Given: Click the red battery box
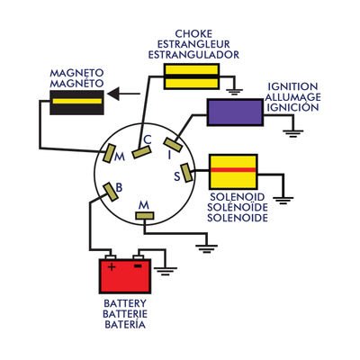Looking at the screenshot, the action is click(x=125, y=276).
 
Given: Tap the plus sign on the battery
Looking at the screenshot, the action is click(x=112, y=266).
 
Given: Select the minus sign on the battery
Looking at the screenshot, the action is click(x=138, y=265).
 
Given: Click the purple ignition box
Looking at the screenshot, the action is click(x=235, y=112).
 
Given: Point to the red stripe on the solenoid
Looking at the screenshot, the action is click(x=233, y=170).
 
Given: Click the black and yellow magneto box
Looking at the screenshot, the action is click(x=76, y=103).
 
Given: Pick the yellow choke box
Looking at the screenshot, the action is click(x=192, y=76).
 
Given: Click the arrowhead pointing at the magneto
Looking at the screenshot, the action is click(x=113, y=94).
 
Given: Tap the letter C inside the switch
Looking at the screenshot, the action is click(x=148, y=139).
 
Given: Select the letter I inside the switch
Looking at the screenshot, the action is click(x=170, y=155).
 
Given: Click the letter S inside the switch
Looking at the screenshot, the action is click(x=177, y=176).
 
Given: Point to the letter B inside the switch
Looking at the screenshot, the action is click(x=119, y=188).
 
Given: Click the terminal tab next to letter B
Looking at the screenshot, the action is click(x=111, y=193).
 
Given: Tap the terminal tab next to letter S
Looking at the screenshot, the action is click(x=186, y=173).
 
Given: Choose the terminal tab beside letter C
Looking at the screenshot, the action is click(x=141, y=152).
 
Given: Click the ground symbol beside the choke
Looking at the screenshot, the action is click(x=233, y=91).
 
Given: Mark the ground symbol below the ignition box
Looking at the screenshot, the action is click(x=293, y=133).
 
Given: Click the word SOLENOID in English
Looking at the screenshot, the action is click(x=238, y=197).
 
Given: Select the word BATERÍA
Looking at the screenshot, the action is click(x=125, y=324).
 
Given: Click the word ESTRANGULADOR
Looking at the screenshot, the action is click(x=193, y=55).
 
